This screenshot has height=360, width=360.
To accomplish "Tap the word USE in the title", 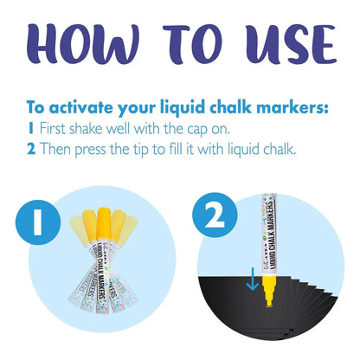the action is (291, 44).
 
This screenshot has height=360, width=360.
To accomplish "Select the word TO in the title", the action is (192, 44).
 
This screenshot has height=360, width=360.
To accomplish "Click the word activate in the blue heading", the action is (81, 107).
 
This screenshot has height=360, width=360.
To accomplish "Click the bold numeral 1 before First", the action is (30, 129).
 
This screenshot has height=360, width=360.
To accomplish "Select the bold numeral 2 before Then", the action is (31, 149).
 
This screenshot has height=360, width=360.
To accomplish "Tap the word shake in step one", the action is (86, 128).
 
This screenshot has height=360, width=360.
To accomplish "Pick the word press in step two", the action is (90, 151).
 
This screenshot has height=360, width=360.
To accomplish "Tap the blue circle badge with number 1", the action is (38, 222).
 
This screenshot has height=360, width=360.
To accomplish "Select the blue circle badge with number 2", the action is (215, 215).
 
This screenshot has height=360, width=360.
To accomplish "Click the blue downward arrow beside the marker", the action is (253, 279).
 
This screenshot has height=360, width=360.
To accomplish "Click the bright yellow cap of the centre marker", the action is (104, 223).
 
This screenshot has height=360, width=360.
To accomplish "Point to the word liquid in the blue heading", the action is (183, 108).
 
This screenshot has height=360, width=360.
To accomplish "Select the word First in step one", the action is (53, 128).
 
